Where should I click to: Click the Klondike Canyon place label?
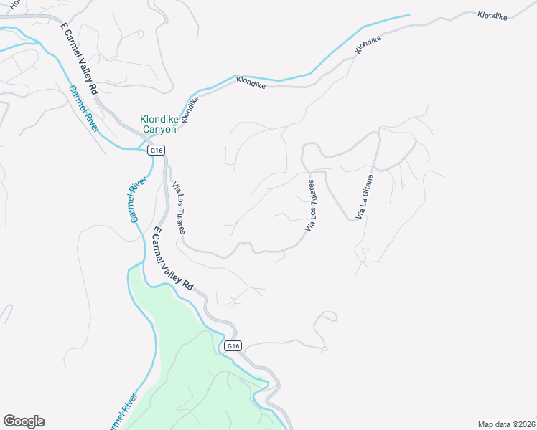point(157,124)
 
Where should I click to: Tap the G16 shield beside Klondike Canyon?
point(157,150)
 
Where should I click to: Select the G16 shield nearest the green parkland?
point(232,346)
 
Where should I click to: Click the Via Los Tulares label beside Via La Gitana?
point(312,206)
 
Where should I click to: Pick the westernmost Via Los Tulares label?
point(179,208)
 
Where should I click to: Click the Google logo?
point(24,421)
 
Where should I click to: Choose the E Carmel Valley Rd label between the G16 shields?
point(173,258)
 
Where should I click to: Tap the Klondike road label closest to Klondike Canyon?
point(190,107)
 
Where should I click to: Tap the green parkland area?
point(187,373)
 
